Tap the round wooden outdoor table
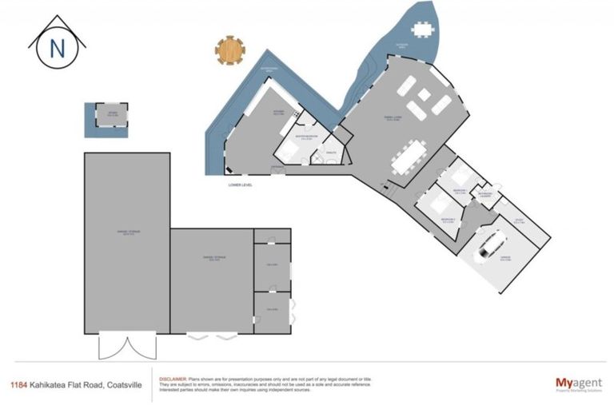click(x=229, y=50)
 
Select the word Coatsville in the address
click(x=126, y=383)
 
